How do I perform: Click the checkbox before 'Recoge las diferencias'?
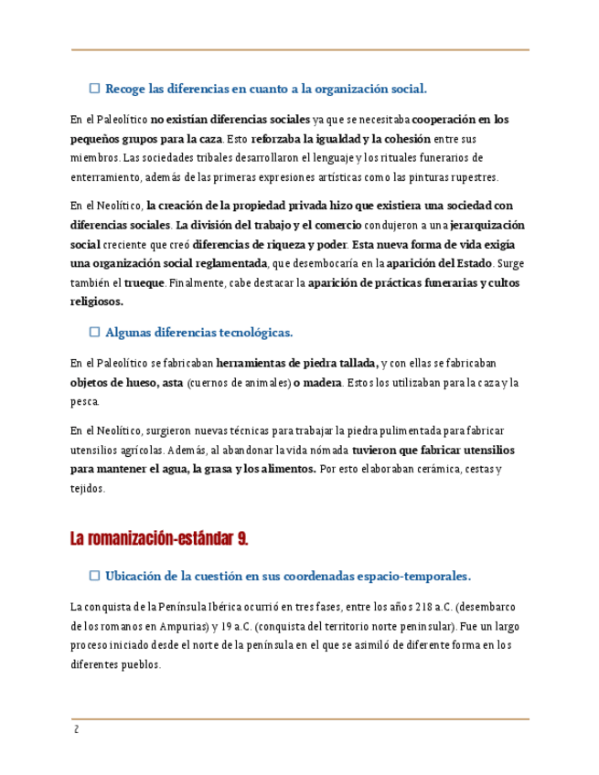coord(94,89)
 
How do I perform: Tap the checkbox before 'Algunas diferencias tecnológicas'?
coord(94,333)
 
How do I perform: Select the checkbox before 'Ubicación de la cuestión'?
coord(94,576)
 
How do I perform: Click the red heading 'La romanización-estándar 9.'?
coord(159,539)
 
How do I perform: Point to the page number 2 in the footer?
coord(77,729)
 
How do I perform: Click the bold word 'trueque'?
coord(144,283)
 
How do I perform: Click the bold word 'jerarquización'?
coord(487,225)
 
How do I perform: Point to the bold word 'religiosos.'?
coord(96,302)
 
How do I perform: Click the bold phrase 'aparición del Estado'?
coord(430,264)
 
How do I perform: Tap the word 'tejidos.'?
coord(88,489)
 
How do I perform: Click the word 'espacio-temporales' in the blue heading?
coord(412,577)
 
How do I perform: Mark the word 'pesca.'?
coord(85,401)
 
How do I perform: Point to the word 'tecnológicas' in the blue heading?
coord(252,333)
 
